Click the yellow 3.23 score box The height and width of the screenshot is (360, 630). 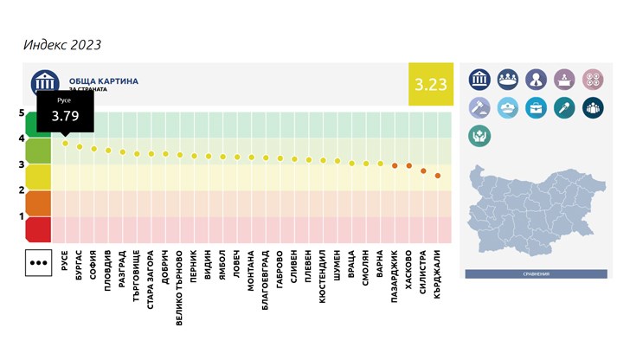(x=430, y=84)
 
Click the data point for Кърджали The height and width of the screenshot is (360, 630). (x=438, y=176)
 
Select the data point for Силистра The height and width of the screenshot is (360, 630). (x=423, y=170)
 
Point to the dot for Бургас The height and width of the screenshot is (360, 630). (x=80, y=146)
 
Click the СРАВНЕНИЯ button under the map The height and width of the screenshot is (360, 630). (x=536, y=273)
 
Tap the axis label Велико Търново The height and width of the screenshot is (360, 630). (x=179, y=281)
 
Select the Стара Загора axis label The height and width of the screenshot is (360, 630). (x=151, y=275)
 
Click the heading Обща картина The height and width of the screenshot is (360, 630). (x=103, y=81)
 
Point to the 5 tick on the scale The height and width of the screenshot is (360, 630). (x=21, y=112)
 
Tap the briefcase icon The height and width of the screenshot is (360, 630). (x=536, y=107)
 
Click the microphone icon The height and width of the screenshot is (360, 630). (x=564, y=107)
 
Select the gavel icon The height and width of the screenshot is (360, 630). (x=479, y=107)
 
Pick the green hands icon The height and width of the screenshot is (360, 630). (x=479, y=136)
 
